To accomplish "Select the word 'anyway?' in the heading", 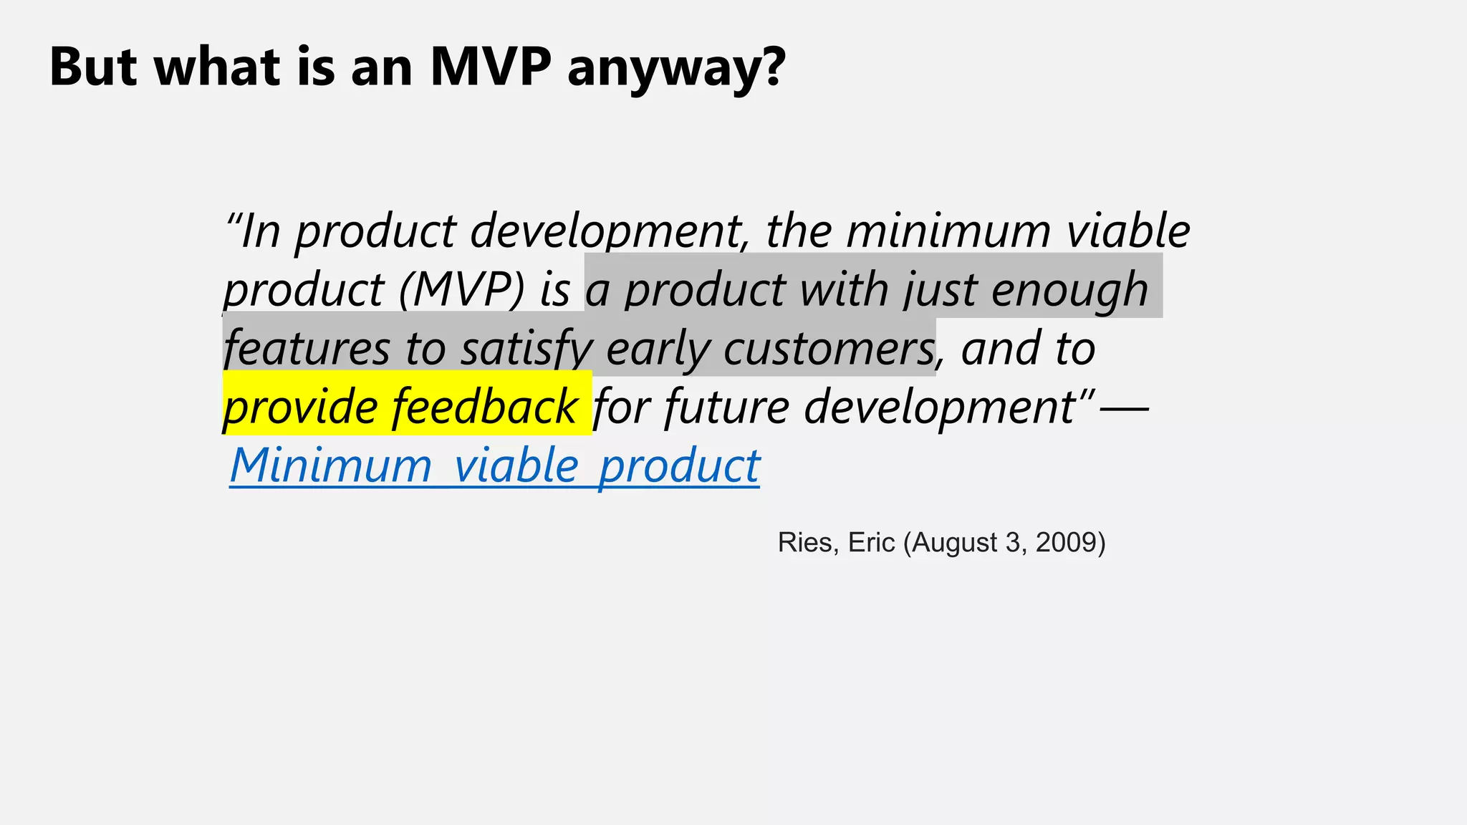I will (676, 69).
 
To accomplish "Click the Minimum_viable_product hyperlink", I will (494, 465).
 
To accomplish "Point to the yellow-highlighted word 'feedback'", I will (484, 406).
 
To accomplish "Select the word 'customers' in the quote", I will (829, 349).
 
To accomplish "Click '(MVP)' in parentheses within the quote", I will (462, 290).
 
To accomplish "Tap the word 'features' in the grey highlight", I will (307, 349).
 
